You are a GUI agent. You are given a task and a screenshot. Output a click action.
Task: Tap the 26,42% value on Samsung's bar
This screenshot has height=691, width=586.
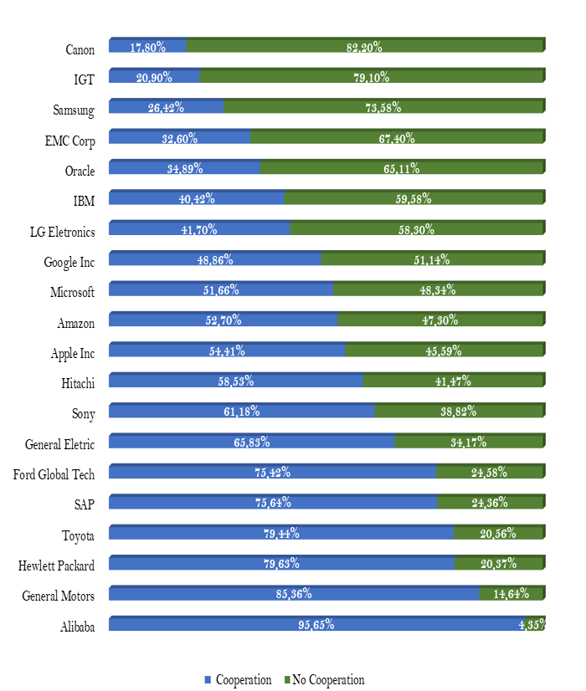point(166,108)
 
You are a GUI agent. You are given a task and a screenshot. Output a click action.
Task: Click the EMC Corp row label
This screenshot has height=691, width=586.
point(70,141)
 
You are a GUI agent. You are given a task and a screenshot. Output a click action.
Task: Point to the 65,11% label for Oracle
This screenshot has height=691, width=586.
point(402,169)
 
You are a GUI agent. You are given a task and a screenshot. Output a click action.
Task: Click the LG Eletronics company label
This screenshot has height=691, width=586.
point(62,232)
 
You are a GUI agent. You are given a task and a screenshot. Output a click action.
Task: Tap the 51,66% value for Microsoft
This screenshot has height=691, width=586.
point(221,290)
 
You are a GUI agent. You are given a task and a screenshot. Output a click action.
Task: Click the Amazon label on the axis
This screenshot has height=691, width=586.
point(76,323)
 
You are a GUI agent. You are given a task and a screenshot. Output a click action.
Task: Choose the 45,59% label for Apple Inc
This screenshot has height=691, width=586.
point(444,351)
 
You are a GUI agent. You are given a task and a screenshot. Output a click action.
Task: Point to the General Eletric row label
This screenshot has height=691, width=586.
point(60,444)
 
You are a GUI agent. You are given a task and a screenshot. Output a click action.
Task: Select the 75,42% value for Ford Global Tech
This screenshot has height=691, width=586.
point(273,473)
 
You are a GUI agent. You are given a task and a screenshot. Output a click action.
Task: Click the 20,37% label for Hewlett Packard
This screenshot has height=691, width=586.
point(499,564)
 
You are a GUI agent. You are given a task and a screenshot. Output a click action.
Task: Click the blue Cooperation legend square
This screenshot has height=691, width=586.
point(208,680)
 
